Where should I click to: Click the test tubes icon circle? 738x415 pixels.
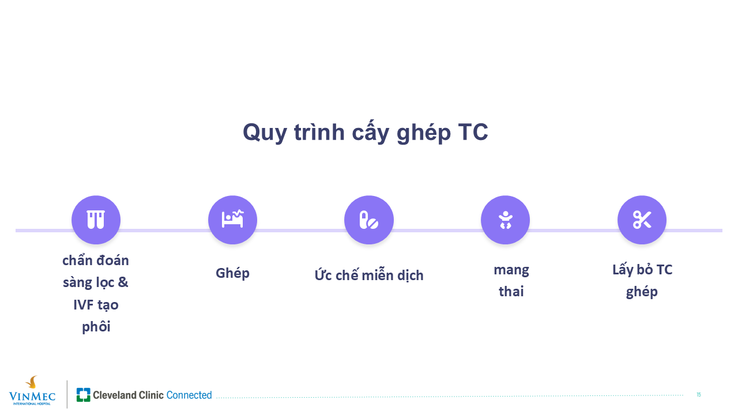(x=96, y=220)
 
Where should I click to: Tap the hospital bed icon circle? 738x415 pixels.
(x=232, y=220)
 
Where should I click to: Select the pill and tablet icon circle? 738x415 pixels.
(x=369, y=220)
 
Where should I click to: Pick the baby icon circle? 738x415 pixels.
(x=506, y=220)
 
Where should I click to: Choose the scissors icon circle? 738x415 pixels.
(x=642, y=220)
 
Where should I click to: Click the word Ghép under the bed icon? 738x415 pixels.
(x=232, y=273)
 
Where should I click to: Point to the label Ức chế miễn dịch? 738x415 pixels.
(x=369, y=275)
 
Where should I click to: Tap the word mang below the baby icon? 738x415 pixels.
(x=511, y=271)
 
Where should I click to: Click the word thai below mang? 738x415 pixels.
(x=511, y=292)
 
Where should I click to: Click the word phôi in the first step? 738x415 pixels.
(x=96, y=327)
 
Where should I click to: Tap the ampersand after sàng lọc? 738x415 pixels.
(x=123, y=282)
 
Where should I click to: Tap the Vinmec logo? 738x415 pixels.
(x=32, y=391)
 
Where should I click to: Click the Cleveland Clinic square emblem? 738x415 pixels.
(x=84, y=395)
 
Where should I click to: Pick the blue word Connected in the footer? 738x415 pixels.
(x=189, y=395)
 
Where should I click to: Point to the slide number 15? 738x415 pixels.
(x=698, y=395)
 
